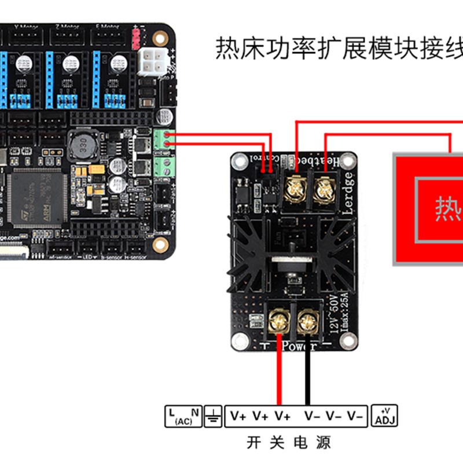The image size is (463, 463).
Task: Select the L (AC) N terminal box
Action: pyautogui.click(x=183, y=416)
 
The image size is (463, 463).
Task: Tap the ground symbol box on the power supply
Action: pyautogui.click(x=214, y=416)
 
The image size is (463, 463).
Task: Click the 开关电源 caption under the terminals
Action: pyautogui.click(x=288, y=443)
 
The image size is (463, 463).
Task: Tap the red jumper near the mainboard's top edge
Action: pyautogui.click(x=137, y=39)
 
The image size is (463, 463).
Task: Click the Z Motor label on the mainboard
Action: pyautogui.click(x=67, y=27)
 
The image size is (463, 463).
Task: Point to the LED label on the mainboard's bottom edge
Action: pyautogui.click(x=89, y=256)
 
